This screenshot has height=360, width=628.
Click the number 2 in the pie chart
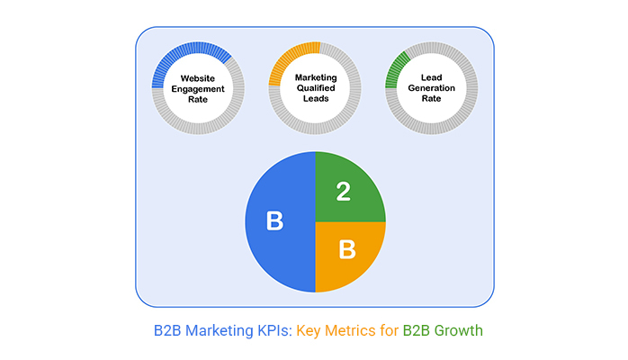pos(343,191)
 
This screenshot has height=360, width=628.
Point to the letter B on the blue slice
pos(274,221)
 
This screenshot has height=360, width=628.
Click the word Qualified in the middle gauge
pos(316,89)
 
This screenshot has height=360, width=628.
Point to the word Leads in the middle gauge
pos(316,100)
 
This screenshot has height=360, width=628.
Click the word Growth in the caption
pos(458,330)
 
